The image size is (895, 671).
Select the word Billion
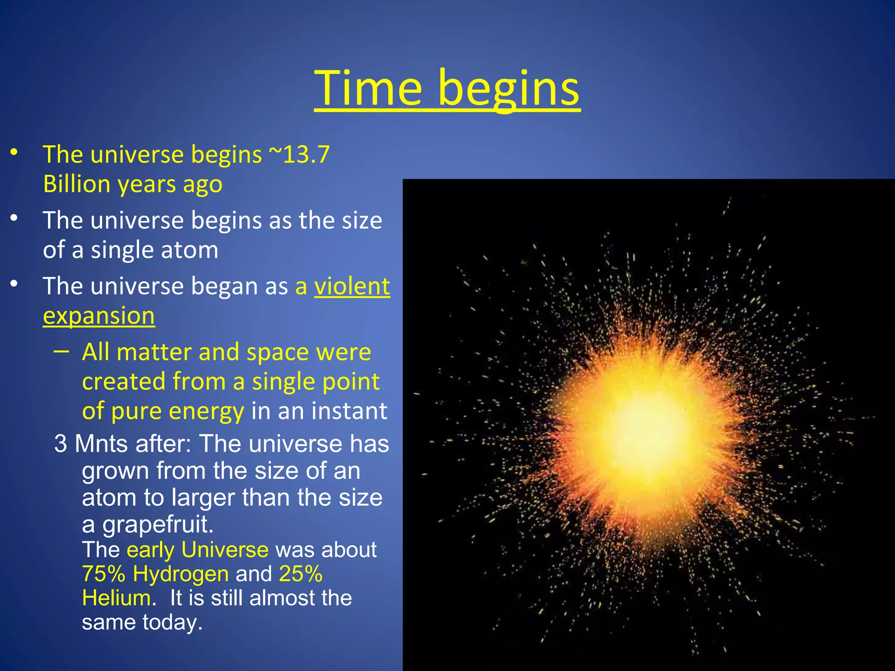76,184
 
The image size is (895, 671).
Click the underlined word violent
352,287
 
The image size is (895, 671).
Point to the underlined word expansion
99,316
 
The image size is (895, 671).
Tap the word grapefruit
158,524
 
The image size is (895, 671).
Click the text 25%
301,574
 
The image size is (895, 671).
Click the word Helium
116,598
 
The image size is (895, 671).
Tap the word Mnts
101,444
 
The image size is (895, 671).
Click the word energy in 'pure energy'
206,412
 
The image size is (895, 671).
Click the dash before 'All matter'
62,351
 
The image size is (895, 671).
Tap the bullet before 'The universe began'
14,284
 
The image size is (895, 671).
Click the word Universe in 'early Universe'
225,550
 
